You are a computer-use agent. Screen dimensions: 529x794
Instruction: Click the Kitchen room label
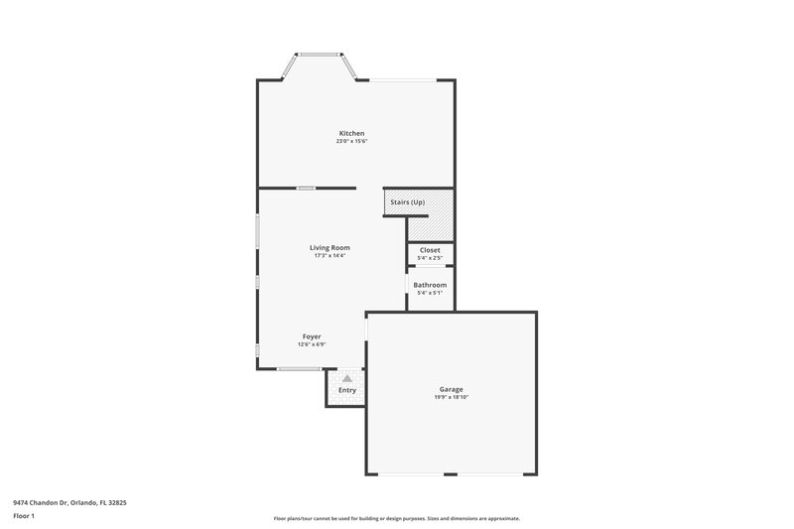(351, 133)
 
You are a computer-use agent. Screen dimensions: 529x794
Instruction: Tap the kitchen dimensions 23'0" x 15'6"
(351, 141)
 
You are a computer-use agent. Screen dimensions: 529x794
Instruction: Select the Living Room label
(330, 247)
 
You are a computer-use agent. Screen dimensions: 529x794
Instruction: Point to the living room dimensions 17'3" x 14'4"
(330, 255)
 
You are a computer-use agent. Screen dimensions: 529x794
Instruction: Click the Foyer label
(312, 336)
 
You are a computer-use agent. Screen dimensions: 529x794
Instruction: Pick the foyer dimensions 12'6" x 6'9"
(312, 344)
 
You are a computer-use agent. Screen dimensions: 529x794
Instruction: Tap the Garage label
(452, 389)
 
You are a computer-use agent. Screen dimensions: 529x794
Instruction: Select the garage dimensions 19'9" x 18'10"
(452, 397)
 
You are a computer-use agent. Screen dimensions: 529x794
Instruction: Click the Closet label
(430, 250)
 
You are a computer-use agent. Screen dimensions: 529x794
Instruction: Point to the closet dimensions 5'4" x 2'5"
(430, 258)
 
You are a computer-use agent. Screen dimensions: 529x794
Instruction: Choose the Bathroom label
(430, 285)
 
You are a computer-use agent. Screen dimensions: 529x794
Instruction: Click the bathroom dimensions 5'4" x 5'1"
(430, 293)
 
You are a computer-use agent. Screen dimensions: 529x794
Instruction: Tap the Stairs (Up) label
(407, 202)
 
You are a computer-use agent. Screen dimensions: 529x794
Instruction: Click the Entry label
(346, 390)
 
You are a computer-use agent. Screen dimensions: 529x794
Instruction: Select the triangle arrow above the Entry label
(346, 378)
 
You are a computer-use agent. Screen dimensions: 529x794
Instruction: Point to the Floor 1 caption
(24, 516)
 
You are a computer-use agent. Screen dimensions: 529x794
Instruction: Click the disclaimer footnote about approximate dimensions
(396, 518)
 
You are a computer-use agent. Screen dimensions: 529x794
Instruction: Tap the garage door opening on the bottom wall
(452, 472)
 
